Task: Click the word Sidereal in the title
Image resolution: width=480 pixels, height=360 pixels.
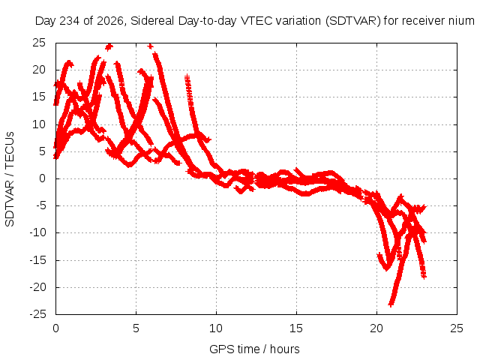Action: click(152, 21)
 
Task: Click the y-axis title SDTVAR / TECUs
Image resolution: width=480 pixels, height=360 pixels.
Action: click(10, 179)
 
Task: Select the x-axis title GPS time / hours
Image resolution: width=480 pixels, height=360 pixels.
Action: click(254, 349)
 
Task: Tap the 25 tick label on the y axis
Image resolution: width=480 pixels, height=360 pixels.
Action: click(39, 43)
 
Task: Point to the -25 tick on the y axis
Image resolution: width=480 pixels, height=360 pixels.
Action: click(37, 314)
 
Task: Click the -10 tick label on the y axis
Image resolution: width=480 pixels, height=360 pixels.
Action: click(37, 233)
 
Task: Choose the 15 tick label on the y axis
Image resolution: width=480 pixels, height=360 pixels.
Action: click(39, 97)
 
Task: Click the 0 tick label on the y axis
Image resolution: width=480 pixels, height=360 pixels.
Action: click(42, 178)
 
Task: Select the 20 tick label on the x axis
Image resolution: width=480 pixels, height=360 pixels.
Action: click(376, 328)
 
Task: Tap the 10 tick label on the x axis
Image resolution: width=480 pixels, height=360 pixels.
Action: click(216, 328)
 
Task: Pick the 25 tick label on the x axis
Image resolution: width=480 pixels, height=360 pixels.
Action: click(457, 328)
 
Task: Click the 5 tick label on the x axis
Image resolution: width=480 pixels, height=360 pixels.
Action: click(136, 328)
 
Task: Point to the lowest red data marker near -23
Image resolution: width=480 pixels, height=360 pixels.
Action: click(391, 304)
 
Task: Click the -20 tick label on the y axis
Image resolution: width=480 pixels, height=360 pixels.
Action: click(37, 287)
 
